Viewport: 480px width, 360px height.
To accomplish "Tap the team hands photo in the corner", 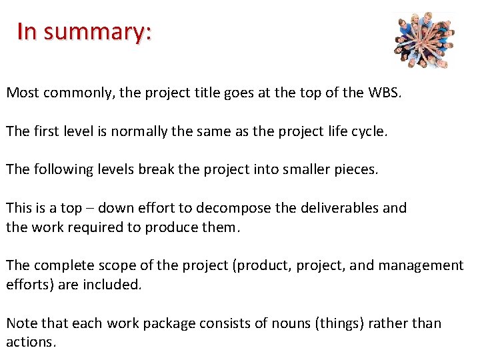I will (424, 39).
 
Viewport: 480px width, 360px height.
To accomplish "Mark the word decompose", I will (235, 208).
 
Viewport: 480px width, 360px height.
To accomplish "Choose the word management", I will (421, 265).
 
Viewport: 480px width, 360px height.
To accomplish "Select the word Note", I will (22, 323).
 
